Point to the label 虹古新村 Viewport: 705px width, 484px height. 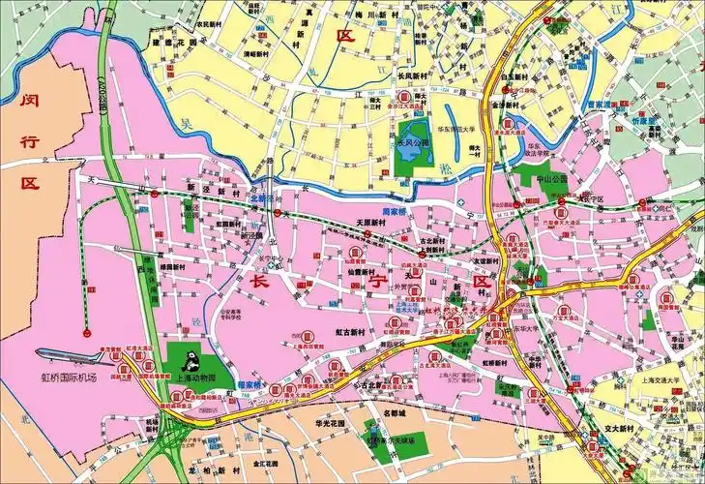tap(350, 331)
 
